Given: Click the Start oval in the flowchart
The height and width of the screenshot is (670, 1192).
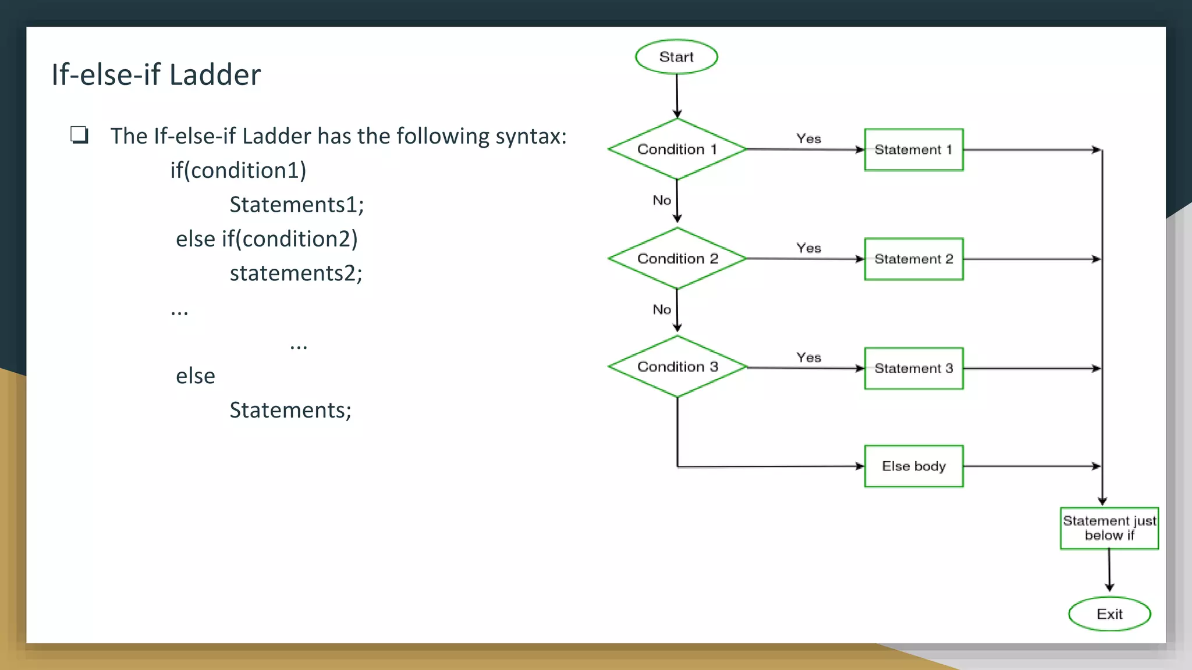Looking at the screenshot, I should tap(676, 57).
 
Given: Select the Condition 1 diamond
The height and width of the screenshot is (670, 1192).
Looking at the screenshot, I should tap(677, 149).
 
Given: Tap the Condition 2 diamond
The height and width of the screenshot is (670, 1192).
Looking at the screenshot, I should tap(677, 258).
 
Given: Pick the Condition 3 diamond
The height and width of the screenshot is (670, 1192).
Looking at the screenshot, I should tap(677, 367).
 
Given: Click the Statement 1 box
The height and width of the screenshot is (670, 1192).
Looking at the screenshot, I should tap(914, 149).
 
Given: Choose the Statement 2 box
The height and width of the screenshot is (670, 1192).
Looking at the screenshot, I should tap(914, 259).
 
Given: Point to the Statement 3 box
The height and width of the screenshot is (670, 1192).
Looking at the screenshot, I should tap(914, 368).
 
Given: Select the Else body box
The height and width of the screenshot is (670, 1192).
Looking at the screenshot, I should tap(914, 466).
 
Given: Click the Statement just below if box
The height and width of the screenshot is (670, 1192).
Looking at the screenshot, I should tap(1109, 528).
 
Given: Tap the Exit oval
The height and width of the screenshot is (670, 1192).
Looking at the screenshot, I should tap(1109, 614).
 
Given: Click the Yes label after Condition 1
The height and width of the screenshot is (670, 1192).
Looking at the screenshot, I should tap(808, 139).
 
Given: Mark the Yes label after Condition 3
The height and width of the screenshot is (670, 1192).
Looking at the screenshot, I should tap(808, 357).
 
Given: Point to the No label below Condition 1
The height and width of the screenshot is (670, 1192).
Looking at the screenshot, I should tap(662, 200).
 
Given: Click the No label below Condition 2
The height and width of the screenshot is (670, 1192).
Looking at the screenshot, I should tap(662, 309).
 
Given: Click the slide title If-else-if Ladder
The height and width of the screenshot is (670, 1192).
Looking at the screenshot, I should tap(156, 74).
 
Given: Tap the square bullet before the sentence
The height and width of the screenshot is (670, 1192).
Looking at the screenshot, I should tap(79, 135).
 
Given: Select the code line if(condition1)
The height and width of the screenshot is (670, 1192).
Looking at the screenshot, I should tap(238, 170).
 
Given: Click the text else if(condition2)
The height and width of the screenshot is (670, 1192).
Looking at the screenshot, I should tap(267, 239).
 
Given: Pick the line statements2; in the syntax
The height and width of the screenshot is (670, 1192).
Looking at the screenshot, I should tap(296, 273).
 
